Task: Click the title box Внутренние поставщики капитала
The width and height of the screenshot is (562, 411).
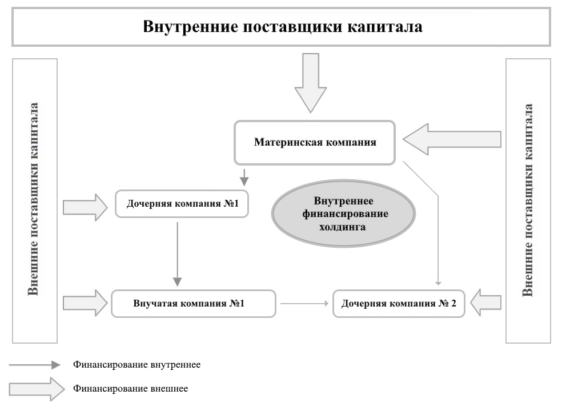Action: point(281,27)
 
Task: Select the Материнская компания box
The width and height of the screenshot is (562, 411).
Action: point(315,142)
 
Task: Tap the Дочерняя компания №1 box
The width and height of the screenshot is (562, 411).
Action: point(182,204)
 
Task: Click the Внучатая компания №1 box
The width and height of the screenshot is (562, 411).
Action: point(193,303)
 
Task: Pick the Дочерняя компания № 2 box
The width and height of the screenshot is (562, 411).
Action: point(399,303)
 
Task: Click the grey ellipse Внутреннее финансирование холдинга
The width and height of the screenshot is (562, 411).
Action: point(343,213)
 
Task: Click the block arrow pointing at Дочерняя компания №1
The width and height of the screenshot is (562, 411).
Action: point(85,207)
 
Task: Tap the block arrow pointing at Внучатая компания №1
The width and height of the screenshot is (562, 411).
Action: point(85,303)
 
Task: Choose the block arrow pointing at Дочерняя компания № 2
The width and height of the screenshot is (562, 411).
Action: point(487,302)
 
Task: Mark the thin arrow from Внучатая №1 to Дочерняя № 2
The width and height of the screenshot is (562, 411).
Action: point(306,304)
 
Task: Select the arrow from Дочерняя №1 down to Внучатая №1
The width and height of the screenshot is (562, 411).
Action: point(177,254)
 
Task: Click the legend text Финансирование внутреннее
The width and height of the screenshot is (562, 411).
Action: point(137,364)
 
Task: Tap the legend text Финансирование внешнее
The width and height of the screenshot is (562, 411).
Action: point(130,389)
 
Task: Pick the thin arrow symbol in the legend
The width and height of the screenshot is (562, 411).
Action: point(34,365)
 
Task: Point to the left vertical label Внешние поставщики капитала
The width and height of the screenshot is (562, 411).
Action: point(34,200)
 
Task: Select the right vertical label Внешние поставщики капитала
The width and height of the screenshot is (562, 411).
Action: point(528,200)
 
